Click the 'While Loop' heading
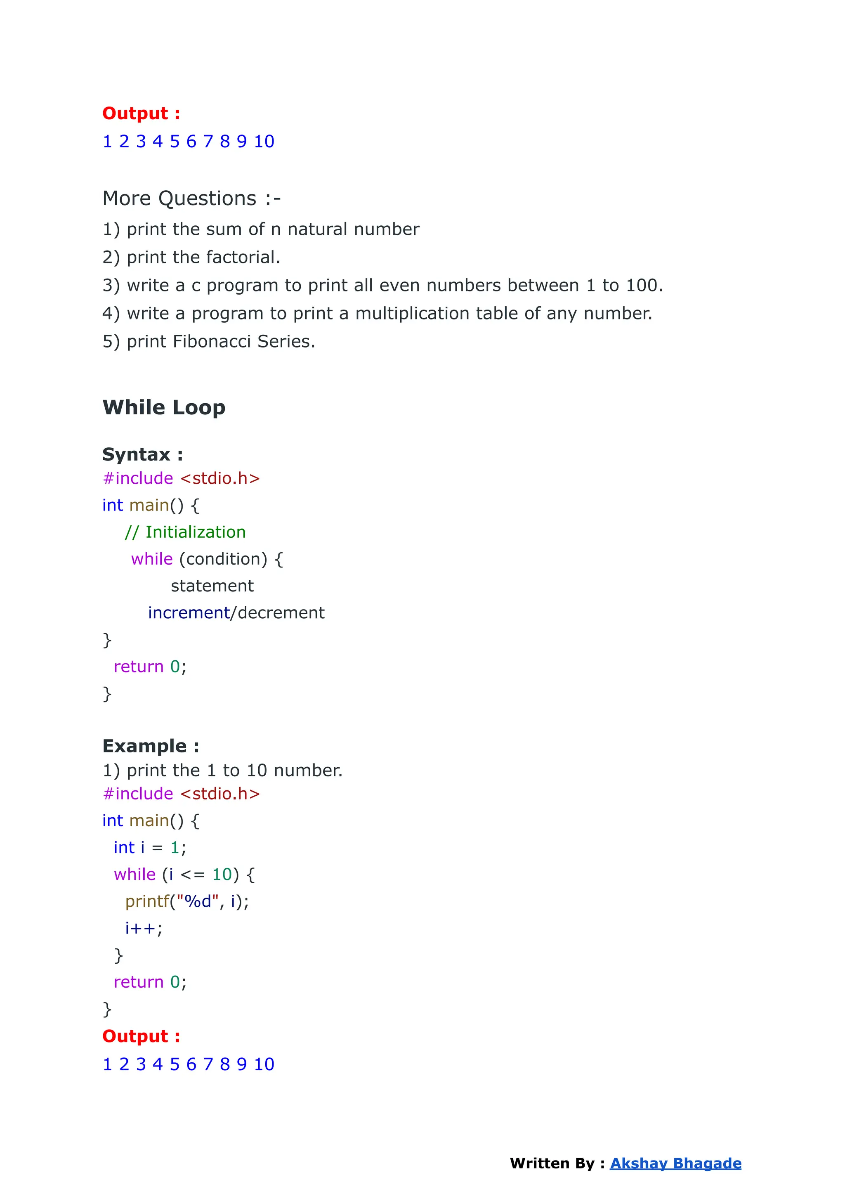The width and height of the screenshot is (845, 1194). coord(164,407)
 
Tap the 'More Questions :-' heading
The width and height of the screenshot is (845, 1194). coord(191,198)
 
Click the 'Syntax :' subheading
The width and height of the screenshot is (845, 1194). coord(143,454)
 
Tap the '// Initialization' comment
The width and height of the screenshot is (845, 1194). coord(185,532)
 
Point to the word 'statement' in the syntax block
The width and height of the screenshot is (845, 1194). coord(212,586)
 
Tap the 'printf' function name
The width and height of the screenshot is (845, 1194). coord(147,901)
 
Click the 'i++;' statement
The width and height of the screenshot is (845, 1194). coord(144,928)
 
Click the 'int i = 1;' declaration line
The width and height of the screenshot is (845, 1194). coord(150,847)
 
